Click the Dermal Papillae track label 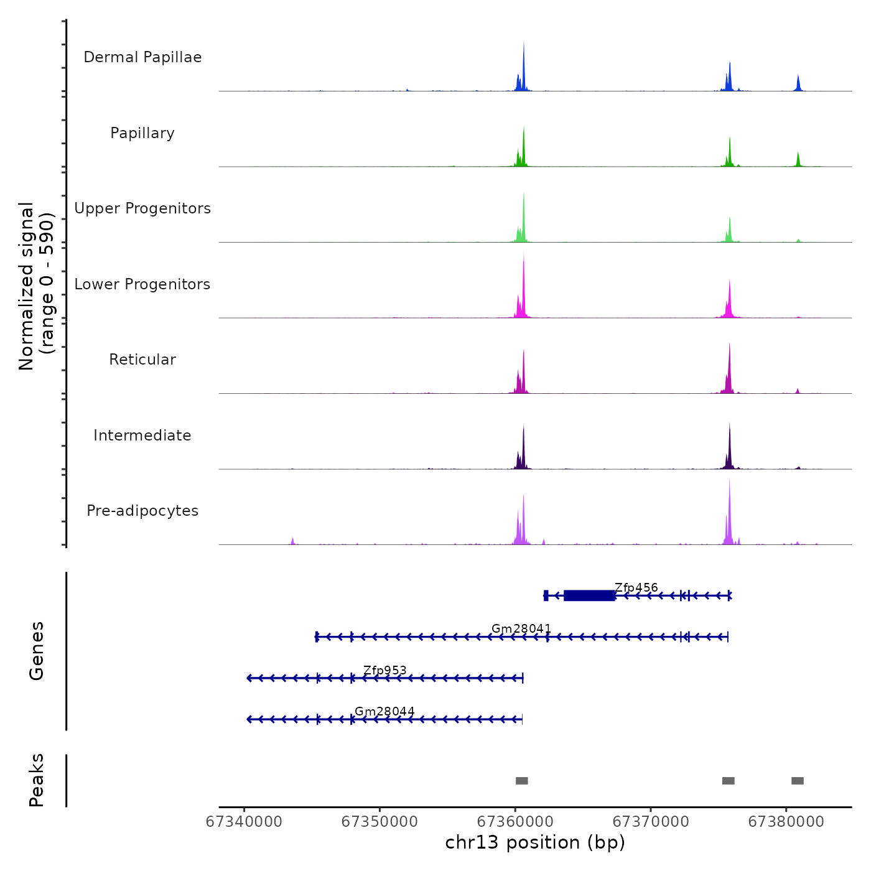coord(142,57)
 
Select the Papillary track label coord(142,133)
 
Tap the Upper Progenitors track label coord(142,208)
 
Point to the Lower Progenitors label coord(142,284)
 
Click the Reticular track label coord(142,360)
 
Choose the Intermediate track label coord(142,435)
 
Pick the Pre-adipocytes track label coord(142,511)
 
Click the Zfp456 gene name coord(636,588)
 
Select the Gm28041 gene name coord(521,629)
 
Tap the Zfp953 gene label coord(384,671)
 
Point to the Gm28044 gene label coord(384,712)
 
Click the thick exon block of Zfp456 coord(589,595)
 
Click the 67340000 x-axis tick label coord(244,822)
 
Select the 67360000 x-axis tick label coord(515,822)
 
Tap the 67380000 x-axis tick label coord(786,822)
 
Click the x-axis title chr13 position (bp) coord(535,842)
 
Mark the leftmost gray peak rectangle coord(522,781)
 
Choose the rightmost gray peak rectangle coord(798,781)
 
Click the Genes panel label coord(36,651)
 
